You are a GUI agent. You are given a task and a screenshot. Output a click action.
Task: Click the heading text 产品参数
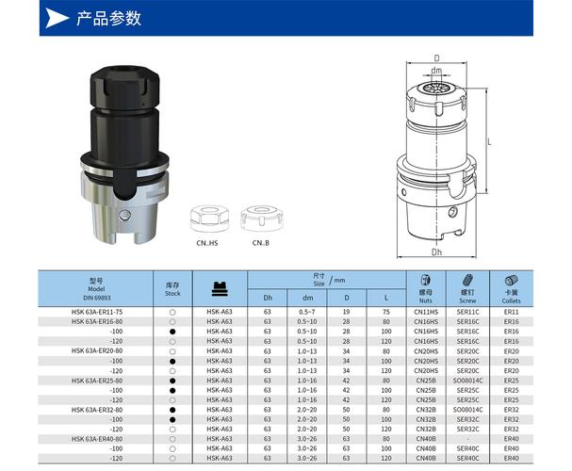click(x=110, y=18)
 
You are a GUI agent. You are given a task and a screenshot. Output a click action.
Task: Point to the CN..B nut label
click(x=261, y=243)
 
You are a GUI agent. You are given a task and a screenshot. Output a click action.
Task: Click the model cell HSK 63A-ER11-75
click(x=98, y=311)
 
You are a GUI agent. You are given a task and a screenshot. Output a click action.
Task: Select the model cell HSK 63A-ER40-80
click(x=98, y=439)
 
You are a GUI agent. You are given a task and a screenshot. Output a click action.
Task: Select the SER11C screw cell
click(x=468, y=311)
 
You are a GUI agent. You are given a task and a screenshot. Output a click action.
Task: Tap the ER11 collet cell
click(x=512, y=311)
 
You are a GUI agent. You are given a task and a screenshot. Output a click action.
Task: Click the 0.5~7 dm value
click(x=306, y=311)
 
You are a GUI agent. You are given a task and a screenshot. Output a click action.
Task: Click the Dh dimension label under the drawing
click(x=436, y=252)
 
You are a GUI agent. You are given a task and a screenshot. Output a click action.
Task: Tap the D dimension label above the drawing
click(x=437, y=58)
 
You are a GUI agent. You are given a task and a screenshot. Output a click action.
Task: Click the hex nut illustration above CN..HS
click(x=207, y=218)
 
